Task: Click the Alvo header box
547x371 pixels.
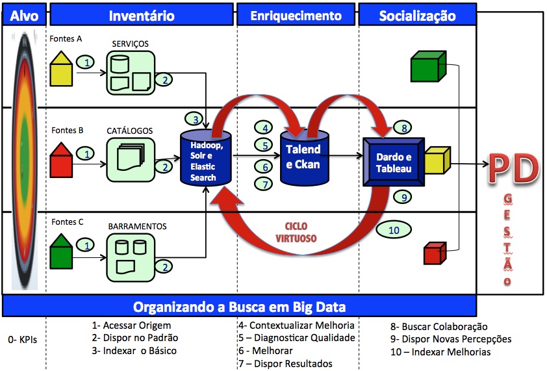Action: [x=25, y=14]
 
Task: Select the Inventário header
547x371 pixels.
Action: [x=141, y=14]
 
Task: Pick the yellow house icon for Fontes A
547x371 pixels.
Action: [x=62, y=68]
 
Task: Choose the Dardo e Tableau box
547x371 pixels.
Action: [x=394, y=162]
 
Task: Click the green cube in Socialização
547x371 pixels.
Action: [x=426, y=67]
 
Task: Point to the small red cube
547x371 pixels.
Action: [x=434, y=252]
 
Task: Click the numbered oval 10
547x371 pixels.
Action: [x=394, y=229]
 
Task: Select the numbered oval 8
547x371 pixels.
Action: [x=403, y=128]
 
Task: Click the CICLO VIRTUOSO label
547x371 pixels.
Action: [x=299, y=233]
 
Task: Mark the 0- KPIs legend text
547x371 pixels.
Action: [x=23, y=339]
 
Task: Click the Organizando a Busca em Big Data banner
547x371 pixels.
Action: [x=239, y=306]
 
